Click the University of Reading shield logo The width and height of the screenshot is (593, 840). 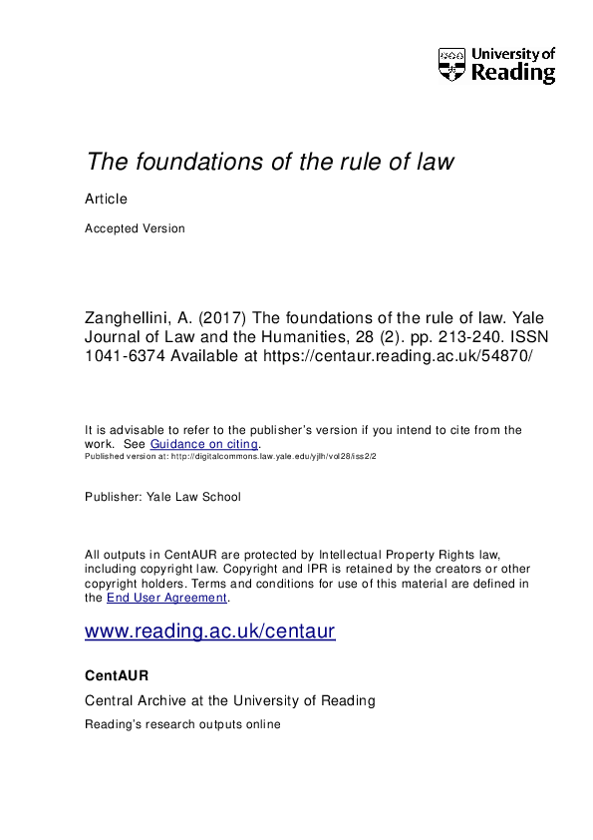451,64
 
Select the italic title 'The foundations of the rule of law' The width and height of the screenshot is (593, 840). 270,162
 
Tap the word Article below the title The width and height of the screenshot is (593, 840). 107,199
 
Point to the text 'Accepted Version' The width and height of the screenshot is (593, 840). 135,228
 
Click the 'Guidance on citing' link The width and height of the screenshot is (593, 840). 205,444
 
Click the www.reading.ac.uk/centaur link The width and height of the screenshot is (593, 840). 210,631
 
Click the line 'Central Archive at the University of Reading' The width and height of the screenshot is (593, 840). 230,701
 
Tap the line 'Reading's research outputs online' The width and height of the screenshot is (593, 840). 183,724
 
